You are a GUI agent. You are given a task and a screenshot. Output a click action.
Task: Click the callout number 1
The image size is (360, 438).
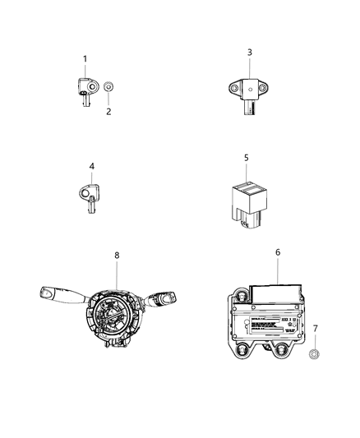tap(84, 58)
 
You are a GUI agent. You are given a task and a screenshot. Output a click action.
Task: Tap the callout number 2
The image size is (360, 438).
tap(108, 112)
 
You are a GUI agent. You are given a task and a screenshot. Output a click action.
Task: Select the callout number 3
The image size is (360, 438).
tap(250, 53)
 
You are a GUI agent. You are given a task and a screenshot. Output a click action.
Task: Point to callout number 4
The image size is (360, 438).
tap(92, 166)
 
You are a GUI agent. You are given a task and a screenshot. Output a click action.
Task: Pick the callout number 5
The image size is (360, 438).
tap(246, 157)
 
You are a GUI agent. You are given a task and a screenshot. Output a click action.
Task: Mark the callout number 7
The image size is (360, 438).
tap(314, 329)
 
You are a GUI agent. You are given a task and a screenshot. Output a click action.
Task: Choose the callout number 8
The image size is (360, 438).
tap(117, 256)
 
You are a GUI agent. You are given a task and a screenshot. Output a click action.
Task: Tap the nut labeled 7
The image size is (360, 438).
tap(314, 355)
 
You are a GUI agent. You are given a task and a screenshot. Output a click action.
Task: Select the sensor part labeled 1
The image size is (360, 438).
tap(85, 87)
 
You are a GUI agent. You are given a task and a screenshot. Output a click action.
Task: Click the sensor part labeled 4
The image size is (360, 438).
tap(89, 196)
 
